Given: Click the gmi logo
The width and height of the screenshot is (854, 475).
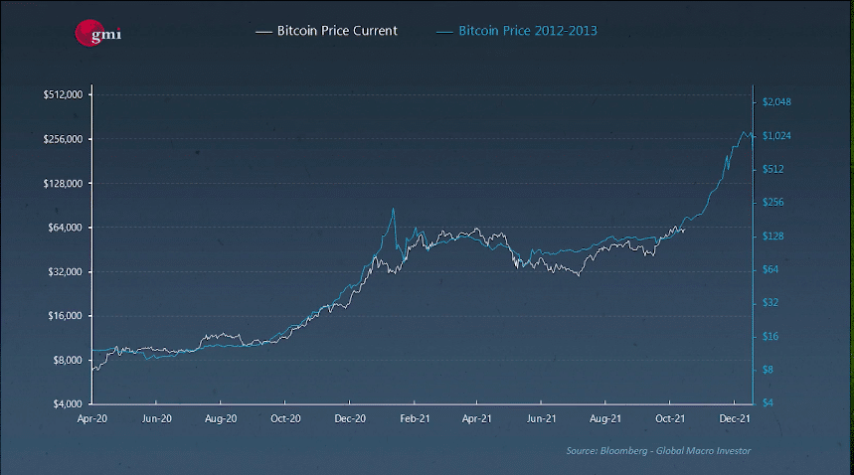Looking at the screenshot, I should [x=97, y=32].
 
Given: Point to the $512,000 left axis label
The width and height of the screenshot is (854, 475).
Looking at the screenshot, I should [x=62, y=94].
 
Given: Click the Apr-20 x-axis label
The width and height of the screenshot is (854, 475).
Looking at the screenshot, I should [x=92, y=419].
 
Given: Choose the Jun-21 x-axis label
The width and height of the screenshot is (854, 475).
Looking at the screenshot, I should [x=542, y=419].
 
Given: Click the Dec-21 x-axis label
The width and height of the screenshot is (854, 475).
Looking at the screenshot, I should [x=734, y=419].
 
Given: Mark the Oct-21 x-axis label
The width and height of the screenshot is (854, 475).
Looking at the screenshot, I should [x=671, y=419].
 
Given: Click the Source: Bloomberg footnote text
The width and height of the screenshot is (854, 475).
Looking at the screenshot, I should [x=658, y=451].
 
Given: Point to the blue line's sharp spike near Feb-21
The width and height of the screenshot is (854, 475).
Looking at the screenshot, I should [x=394, y=209].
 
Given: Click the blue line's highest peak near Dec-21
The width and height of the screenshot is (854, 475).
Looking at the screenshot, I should [x=746, y=132].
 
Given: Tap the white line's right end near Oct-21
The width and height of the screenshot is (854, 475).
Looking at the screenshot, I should [x=684, y=229].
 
